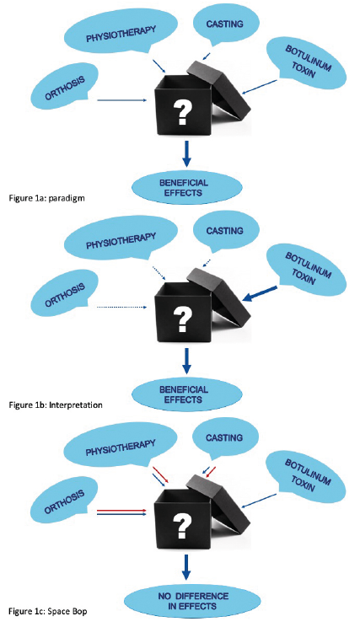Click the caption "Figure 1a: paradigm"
point(46,198)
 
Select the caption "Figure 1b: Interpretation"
point(56,405)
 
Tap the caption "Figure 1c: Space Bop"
point(48,611)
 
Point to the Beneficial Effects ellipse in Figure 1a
point(187,188)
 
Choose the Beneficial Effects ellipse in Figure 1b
point(187,394)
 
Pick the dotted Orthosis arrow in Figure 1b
point(122,308)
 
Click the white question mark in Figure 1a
point(182,112)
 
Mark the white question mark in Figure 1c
point(182,526)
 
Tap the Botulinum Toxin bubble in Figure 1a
point(307,62)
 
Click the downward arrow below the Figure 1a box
point(186,154)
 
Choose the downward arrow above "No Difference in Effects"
point(186,567)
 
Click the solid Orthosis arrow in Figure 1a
point(122,100)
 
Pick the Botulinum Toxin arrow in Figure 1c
point(259,501)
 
